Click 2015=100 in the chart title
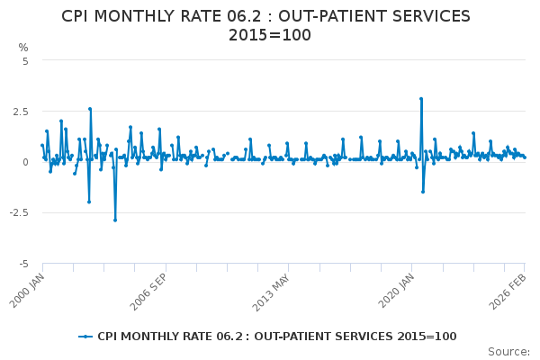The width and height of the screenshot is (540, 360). tap(270, 35)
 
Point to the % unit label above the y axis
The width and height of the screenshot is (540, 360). tap(23, 48)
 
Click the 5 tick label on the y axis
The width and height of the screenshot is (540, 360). tap(25, 61)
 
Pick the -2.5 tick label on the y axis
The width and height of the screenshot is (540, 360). tap(18, 213)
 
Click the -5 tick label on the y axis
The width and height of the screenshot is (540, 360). tap(23, 264)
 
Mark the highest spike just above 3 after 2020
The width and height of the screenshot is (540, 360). tap(420, 99)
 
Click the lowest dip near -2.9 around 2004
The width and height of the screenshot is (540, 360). tap(114, 220)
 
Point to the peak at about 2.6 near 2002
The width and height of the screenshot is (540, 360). tap(90, 109)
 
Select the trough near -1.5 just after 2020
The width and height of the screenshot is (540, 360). tap(423, 192)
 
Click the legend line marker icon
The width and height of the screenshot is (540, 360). tap(85, 337)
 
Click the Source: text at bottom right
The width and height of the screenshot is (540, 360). tap(508, 351)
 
